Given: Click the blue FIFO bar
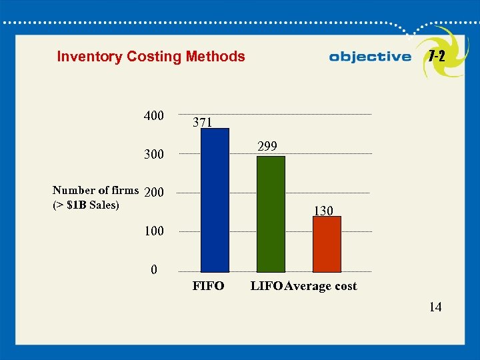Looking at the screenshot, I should tap(215, 200).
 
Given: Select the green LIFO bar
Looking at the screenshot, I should tap(271, 214).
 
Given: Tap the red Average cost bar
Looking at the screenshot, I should tap(327, 244).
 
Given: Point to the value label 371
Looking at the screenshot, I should tap(203, 123).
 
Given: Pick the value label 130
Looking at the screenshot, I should tap(323, 211).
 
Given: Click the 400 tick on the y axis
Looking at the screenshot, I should tap(153, 116).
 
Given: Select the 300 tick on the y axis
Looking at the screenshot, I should tap(153, 155).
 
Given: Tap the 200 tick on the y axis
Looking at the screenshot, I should tap(153, 193).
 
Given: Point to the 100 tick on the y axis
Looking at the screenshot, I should tap(153, 231).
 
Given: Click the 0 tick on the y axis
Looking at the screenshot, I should tap(154, 270).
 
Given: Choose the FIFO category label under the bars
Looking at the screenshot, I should tap(208, 287).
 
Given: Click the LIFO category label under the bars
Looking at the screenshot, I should tap(266, 287).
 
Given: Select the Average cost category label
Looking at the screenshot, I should tap(321, 287).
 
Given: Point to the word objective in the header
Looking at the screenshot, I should tap(370, 57).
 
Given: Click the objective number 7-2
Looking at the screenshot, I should tap(437, 56).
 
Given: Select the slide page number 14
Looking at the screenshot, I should tap(435, 307).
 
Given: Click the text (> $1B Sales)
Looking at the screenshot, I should tap(85, 205).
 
